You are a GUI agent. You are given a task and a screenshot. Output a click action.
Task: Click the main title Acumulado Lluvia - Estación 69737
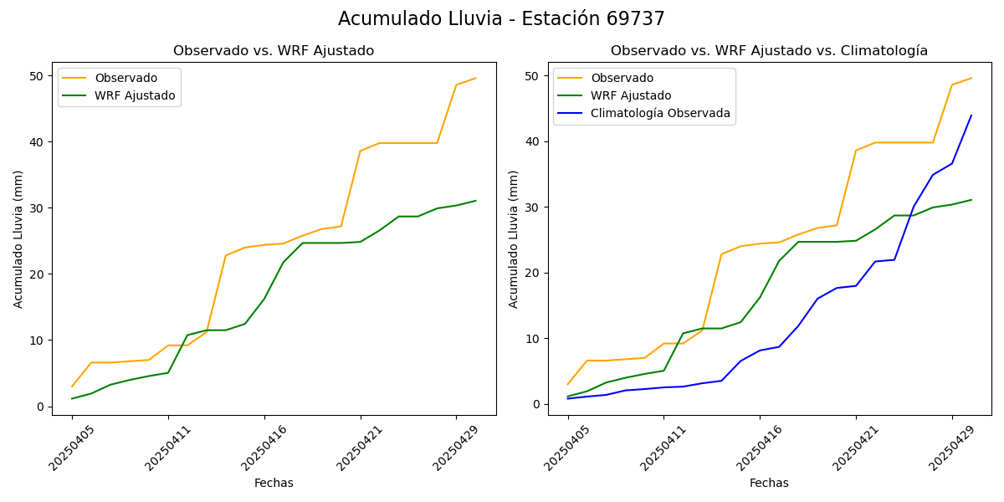pos(501,19)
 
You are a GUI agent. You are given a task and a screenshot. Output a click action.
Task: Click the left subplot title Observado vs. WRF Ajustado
pos(274,51)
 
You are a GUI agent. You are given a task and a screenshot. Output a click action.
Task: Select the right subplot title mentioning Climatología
pos(769,51)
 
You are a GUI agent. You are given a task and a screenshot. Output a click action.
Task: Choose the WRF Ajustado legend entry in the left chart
pos(135,95)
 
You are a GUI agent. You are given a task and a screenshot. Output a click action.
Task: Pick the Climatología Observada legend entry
pos(660,113)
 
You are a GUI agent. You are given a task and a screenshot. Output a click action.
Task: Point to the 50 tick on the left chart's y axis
pos(38,76)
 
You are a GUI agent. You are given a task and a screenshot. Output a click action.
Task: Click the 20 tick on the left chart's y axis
pos(38,274)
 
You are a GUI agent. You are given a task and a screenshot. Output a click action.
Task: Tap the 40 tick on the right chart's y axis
pos(534,141)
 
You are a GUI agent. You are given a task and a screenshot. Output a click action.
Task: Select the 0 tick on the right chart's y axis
pos(537,404)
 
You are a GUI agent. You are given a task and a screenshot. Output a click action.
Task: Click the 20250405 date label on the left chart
pos(72,448)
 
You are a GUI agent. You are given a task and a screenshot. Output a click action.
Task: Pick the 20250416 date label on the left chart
pos(264,448)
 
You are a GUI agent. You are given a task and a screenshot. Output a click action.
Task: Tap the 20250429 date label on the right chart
pos(951,448)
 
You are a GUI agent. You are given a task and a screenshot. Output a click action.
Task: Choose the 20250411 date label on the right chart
pos(663,448)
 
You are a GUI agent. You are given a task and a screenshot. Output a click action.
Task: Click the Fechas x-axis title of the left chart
pos(274,484)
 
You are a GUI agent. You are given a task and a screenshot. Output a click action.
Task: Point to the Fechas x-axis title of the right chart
pos(769,484)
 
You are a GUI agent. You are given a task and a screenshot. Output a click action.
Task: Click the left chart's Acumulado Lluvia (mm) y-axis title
pos(18,238)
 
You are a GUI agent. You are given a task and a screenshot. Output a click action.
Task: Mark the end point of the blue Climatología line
pos(971,115)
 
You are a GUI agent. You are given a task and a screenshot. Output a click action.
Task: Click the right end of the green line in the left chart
pos(475,201)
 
